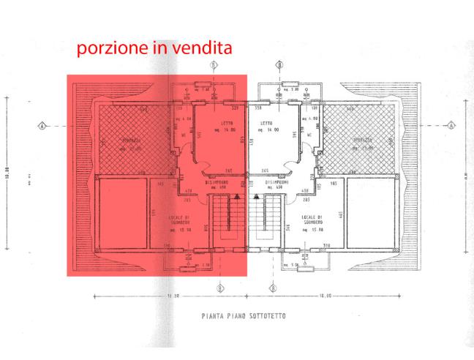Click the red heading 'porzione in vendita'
click(154, 49)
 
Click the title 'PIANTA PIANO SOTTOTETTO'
click(244, 316)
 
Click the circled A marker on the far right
click(451, 125)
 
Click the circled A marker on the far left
click(42, 125)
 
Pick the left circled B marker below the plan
click(220, 288)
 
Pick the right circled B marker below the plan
click(272, 288)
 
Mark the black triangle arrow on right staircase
click(257, 196)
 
